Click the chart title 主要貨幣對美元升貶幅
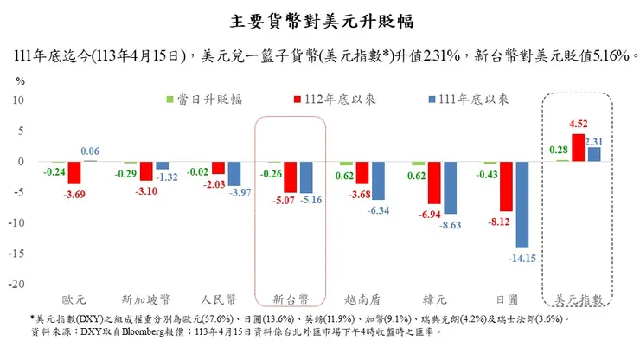click(x=320, y=19)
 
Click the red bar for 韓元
click(x=434, y=183)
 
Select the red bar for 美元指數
click(x=578, y=148)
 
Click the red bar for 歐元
click(x=74, y=172)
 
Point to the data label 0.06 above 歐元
click(x=90, y=151)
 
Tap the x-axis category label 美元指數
click(x=578, y=299)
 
